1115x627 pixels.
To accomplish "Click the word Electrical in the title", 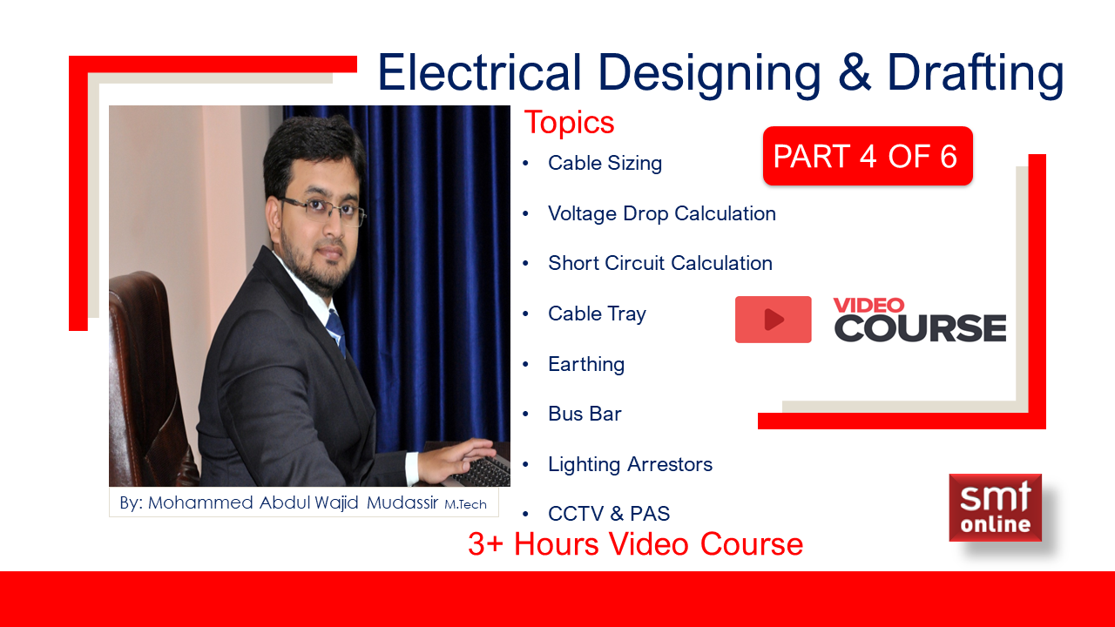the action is pos(480,72).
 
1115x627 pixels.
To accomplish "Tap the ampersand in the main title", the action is pos(855,72).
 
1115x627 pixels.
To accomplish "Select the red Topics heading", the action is pos(569,123).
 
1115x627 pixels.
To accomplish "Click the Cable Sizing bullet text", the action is pos(605,164).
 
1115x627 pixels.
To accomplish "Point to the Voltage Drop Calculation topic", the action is pos(662,214).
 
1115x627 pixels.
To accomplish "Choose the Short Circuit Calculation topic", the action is pos(660,263).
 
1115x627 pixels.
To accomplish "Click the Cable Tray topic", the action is pos(597,314).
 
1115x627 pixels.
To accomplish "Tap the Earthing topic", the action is pos(586,364).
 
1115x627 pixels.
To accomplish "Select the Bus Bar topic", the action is pos(585,414).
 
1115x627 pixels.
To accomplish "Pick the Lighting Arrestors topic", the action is pos(630,465).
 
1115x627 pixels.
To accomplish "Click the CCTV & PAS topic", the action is pos(609,514).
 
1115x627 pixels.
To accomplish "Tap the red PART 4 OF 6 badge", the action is pos(868,156).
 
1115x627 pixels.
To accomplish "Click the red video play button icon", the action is pos(773,320).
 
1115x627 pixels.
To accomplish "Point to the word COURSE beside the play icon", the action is pos(920,328).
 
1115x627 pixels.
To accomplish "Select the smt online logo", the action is pos(995,508).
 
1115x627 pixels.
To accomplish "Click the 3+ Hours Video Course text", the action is pos(635,544).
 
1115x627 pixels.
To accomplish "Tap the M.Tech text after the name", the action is pos(465,504).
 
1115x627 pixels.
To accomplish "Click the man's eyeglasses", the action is pos(322,209).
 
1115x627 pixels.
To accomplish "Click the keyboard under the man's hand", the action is pos(480,471).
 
